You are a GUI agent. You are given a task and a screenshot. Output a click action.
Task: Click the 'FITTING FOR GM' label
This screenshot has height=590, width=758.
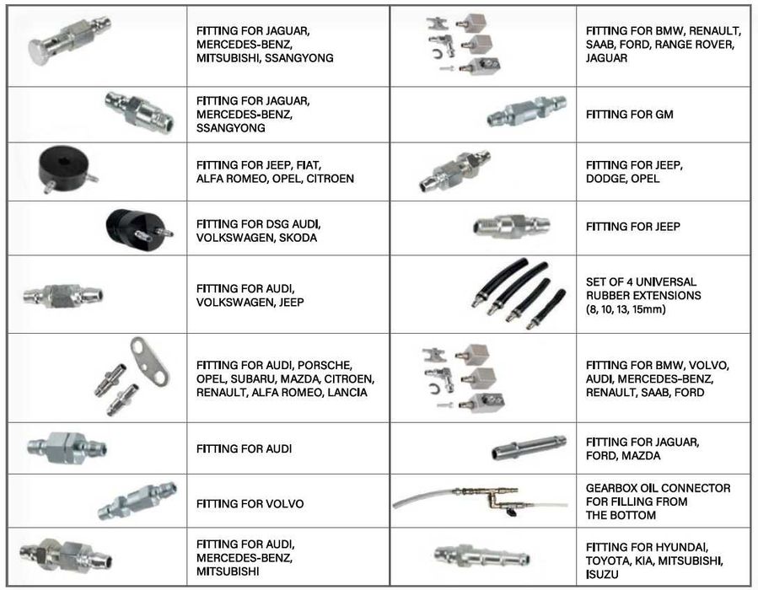[x=629, y=115]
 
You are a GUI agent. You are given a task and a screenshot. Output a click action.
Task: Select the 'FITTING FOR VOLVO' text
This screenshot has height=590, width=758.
[x=250, y=504]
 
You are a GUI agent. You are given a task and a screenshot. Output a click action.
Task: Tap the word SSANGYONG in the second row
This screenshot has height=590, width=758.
[x=230, y=128]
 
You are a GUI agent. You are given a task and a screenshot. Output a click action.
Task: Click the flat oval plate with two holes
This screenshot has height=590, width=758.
[x=149, y=361]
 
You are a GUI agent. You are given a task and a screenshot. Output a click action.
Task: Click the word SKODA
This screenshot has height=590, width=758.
[x=298, y=238]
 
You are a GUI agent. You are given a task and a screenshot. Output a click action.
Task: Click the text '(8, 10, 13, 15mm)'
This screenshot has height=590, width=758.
[x=626, y=309]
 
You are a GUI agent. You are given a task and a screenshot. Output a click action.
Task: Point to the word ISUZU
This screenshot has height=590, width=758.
[x=602, y=575]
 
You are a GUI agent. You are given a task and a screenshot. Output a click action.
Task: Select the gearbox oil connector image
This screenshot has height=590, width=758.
[x=481, y=500]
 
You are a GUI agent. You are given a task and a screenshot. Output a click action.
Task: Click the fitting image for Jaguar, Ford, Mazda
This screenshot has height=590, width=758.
[x=529, y=447]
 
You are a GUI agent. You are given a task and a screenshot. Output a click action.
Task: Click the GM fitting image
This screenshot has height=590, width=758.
[x=526, y=111]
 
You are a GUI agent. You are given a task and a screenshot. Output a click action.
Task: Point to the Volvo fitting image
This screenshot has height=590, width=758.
[x=137, y=501]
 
